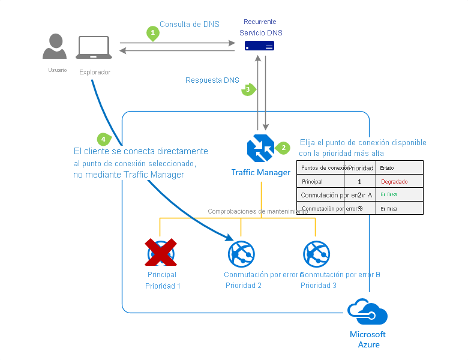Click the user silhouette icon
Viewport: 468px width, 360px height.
pos(55,46)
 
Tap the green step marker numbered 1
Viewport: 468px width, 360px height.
pos(153,33)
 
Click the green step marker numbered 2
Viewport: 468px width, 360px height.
pos(283,148)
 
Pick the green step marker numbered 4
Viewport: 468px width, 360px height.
pos(104,139)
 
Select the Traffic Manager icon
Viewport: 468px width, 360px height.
pos(260,149)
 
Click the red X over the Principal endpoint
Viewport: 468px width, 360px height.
pos(161,253)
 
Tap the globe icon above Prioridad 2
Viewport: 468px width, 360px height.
pos(241,253)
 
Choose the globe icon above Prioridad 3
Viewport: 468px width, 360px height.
pos(316,253)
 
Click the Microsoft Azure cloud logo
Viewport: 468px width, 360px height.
pos(367,313)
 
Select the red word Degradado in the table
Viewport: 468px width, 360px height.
pos(394,181)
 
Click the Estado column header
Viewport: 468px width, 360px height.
pos(388,168)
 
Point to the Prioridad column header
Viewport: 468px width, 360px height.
pos(361,168)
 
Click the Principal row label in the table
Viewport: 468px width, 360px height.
pos(312,181)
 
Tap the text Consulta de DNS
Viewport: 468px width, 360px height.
pos(189,25)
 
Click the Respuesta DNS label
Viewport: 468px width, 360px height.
pos(212,80)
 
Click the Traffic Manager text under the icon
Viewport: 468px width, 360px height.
pos(260,173)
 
